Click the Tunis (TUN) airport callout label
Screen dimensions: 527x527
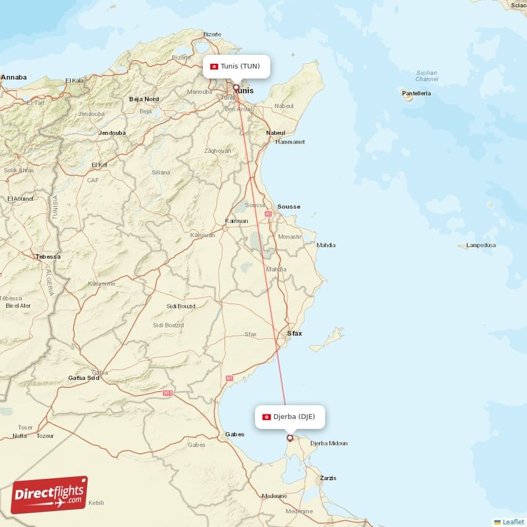[236, 66]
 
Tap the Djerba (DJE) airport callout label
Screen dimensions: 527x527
[290, 416]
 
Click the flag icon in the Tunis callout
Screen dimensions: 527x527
[214, 66]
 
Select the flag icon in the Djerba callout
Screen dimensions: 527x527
[266, 416]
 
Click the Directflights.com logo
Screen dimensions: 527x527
[49, 495]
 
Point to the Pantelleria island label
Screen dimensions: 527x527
[416, 94]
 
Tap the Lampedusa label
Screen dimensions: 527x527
[480, 245]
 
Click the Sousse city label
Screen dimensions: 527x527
[289, 206]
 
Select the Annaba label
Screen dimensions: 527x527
[14, 77]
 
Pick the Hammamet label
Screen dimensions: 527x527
[290, 142]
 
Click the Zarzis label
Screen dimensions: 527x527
[327, 478]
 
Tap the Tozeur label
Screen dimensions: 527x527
[45, 435]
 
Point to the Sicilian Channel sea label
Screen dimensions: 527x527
[427, 76]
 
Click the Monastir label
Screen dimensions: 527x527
[289, 236]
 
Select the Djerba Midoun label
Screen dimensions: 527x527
[328, 443]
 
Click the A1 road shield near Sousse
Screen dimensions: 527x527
[268, 213]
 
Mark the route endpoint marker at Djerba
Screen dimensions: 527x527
[289, 437]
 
